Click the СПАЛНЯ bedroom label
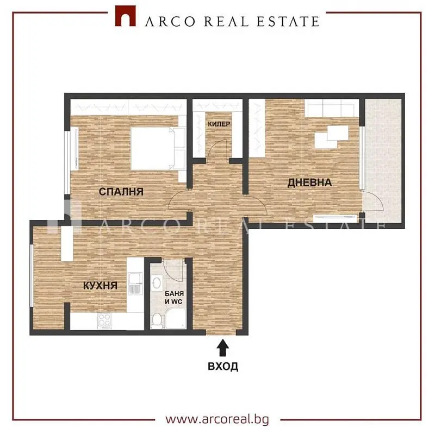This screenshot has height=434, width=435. pyautogui.click(x=121, y=192)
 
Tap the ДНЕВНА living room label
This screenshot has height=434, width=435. pyautogui.click(x=309, y=183)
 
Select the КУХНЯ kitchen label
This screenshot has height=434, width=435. pyautogui.click(x=101, y=286)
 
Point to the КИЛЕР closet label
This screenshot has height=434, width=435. pyautogui.click(x=219, y=124)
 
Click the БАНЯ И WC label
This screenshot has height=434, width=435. pyautogui.click(x=174, y=298)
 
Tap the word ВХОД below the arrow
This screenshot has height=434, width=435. pyautogui.click(x=223, y=367)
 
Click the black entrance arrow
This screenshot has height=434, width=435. pyautogui.click(x=222, y=348)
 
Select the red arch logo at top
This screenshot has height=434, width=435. pyautogui.click(x=126, y=16)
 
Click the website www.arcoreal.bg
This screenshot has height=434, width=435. pyautogui.click(x=217, y=419)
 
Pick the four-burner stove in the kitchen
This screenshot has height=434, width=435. pyautogui.click(x=104, y=321)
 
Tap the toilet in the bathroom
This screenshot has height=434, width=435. pyautogui.click(x=157, y=319)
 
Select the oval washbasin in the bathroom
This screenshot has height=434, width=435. pyautogui.click(x=157, y=283)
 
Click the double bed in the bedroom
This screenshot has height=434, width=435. pyautogui.click(x=158, y=148)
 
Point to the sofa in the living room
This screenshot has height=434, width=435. pyautogui.click(x=332, y=108)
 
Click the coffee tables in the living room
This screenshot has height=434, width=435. pyautogui.click(x=332, y=137)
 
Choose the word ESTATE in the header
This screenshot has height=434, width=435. pyautogui.click(x=288, y=22)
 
